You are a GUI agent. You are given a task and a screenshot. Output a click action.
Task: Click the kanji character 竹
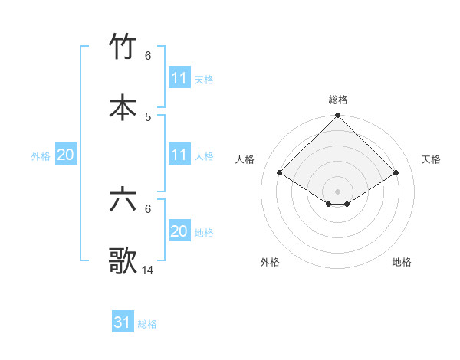(x=123, y=47)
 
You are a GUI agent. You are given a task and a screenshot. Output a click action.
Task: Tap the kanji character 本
(x=123, y=107)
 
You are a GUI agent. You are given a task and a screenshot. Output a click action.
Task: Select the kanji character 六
(x=123, y=200)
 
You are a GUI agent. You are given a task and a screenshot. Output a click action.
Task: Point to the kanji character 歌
(x=123, y=260)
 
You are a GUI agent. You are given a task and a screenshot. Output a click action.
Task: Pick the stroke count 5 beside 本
(x=148, y=116)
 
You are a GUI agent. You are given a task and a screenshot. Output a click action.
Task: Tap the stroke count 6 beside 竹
(x=148, y=55)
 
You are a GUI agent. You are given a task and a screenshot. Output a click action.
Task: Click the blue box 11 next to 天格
(x=179, y=78)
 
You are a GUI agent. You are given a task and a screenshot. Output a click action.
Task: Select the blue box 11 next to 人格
(x=179, y=155)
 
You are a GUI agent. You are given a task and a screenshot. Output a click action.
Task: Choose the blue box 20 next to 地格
(x=179, y=231)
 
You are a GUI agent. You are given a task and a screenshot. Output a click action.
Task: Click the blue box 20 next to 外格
(x=66, y=155)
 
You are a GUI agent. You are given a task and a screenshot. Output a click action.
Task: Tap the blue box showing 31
(x=123, y=322)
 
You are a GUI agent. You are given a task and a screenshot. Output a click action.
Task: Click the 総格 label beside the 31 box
(x=147, y=324)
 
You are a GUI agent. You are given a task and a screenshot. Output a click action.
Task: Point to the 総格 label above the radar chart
(x=338, y=100)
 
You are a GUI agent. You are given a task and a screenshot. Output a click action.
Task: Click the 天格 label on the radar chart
(x=432, y=159)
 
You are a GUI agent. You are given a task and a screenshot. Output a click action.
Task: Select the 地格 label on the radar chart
(x=402, y=262)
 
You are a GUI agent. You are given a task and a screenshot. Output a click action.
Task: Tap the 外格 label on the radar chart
(x=270, y=262)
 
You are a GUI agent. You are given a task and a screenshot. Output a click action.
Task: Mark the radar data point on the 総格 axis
(x=337, y=116)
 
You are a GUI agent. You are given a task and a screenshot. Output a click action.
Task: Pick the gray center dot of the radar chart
(x=337, y=191)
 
